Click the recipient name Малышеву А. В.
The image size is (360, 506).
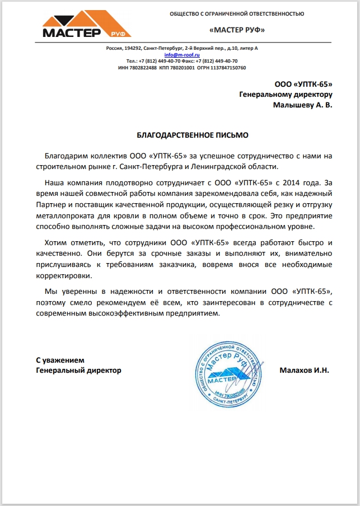click(302, 105)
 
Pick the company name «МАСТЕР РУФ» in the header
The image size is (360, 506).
click(236, 30)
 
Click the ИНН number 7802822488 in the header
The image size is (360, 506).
click(144, 68)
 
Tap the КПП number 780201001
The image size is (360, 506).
click(183, 68)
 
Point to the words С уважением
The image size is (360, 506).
click(60, 360)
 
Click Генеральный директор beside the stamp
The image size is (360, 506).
click(78, 371)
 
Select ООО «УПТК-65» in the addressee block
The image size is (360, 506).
click(303, 85)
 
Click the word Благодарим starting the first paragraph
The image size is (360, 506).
click(66, 155)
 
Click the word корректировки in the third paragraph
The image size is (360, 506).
click(63, 276)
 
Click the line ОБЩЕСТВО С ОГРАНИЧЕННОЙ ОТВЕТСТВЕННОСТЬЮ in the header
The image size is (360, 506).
click(237, 13)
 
